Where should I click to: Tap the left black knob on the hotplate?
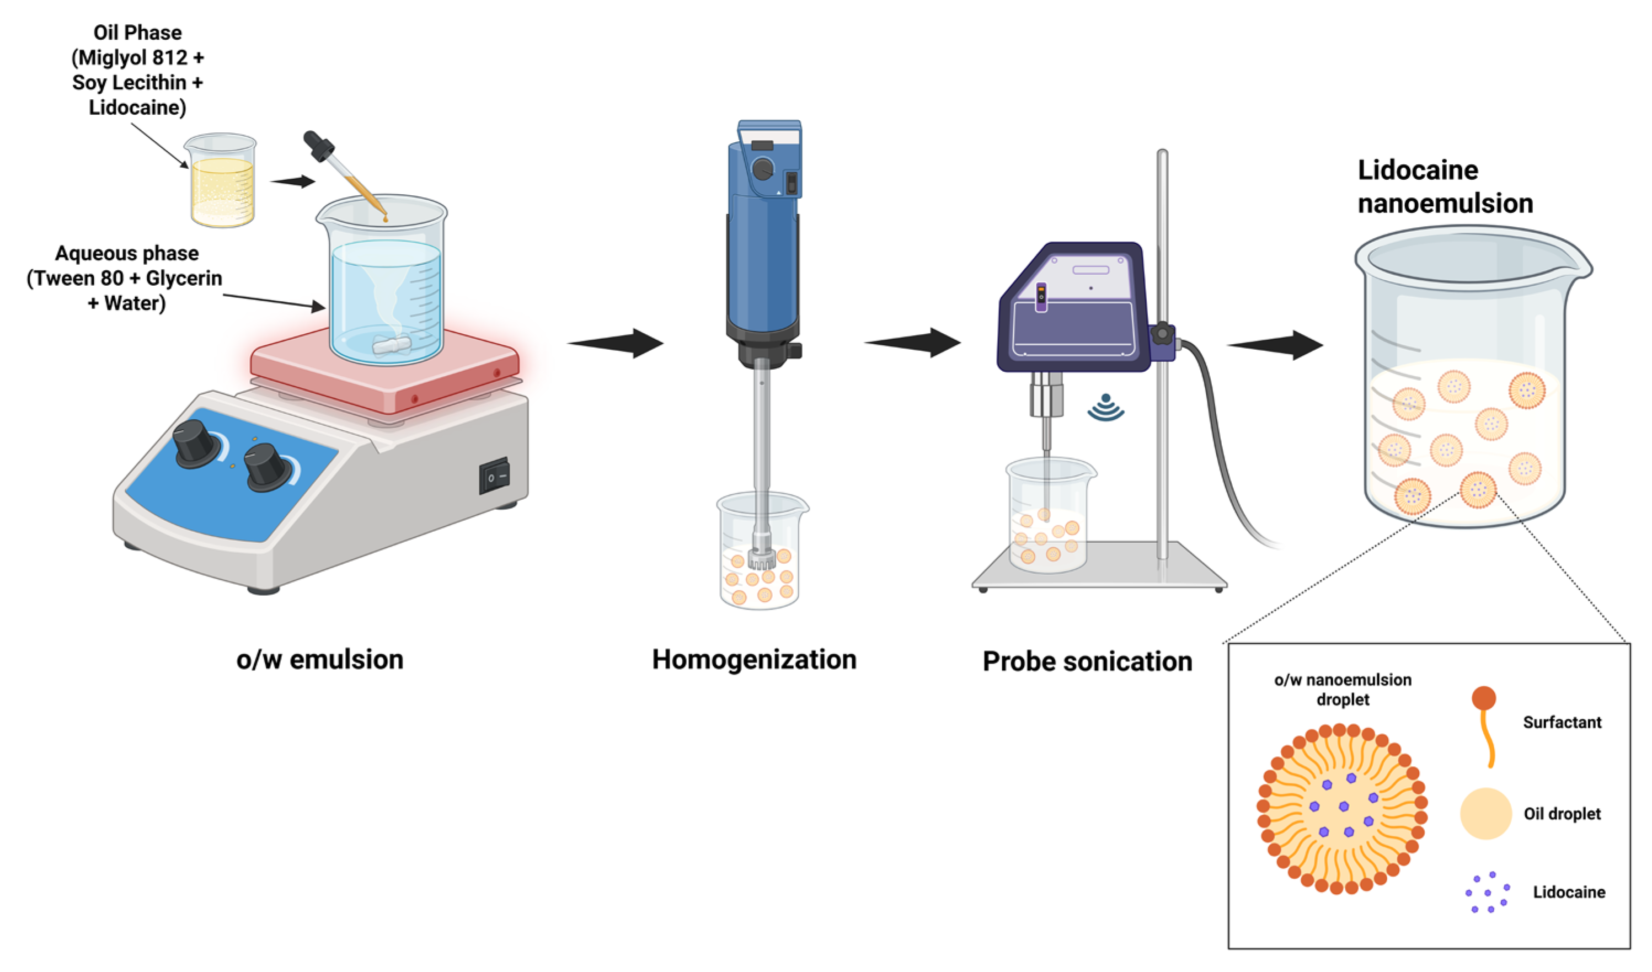click(x=195, y=443)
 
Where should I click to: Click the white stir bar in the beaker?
click(x=392, y=344)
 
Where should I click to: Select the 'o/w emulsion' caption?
click(x=320, y=659)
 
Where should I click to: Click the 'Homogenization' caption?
click(x=754, y=659)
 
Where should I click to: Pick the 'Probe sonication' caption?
click(x=1087, y=661)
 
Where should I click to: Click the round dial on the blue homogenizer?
click(x=763, y=169)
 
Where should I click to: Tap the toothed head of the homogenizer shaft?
click(x=762, y=558)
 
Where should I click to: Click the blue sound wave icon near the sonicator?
click(x=1106, y=408)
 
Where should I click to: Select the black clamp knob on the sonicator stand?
click(x=1162, y=334)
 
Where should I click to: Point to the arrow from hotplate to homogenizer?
click(x=616, y=343)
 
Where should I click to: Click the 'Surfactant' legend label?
click(x=1562, y=722)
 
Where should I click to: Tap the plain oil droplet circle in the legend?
click(x=1485, y=813)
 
